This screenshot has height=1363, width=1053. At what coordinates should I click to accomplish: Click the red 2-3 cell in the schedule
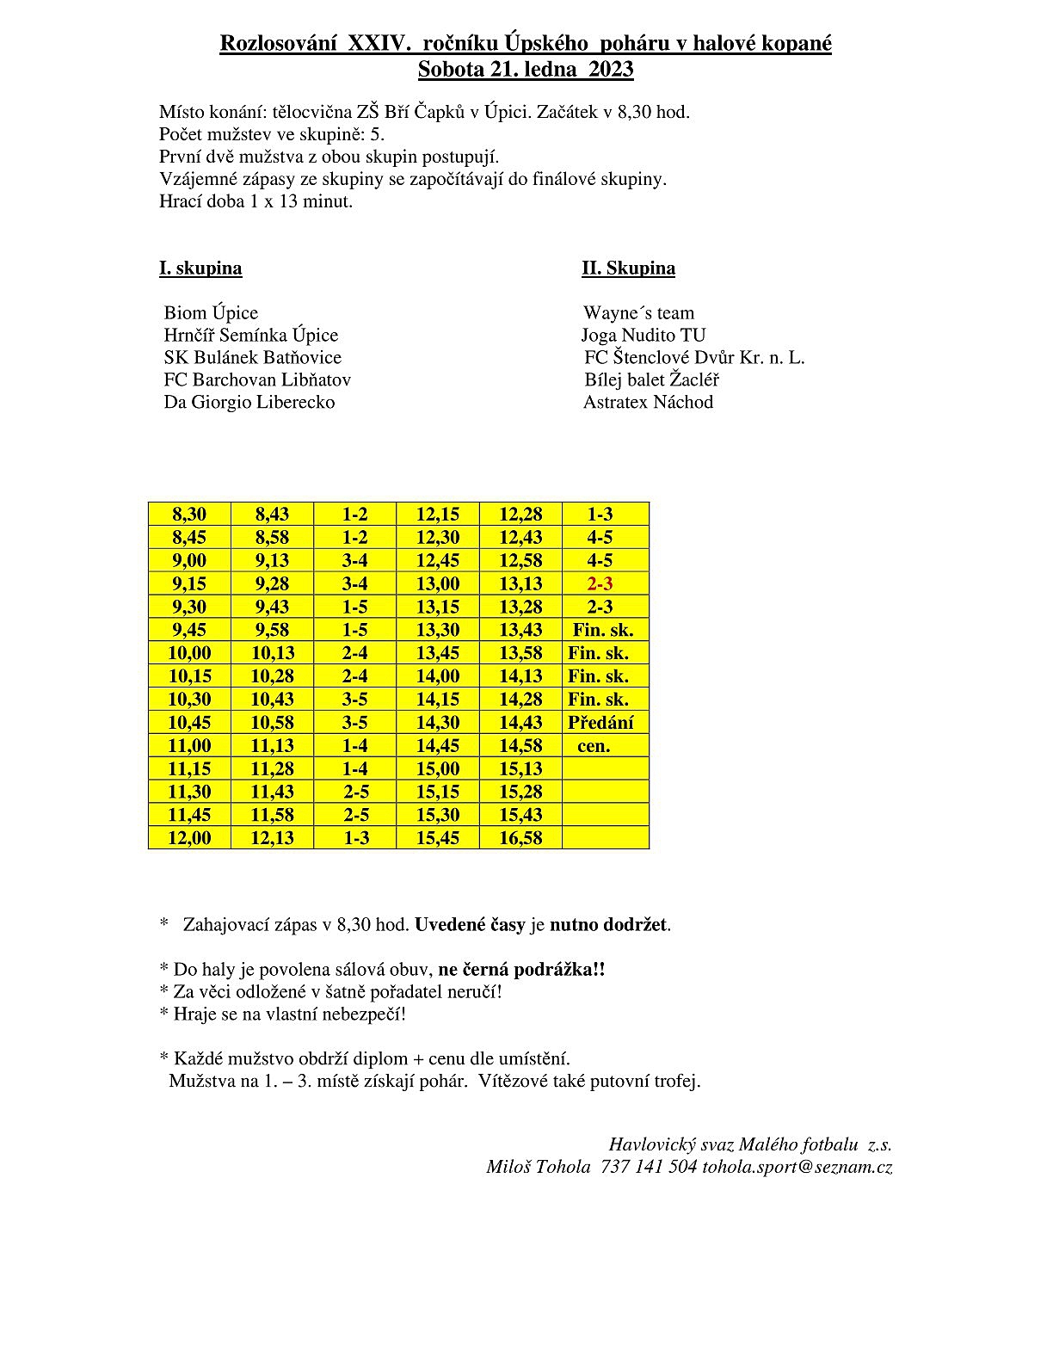(x=600, y=583)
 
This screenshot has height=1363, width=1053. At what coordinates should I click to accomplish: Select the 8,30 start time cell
(x=189, y=514)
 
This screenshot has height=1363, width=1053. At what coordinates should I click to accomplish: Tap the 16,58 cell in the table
(x=520, y=838)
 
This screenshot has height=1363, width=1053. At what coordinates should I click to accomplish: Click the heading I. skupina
(x=200, y=268)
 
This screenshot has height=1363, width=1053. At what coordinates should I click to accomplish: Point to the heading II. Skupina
(x=628, y=268)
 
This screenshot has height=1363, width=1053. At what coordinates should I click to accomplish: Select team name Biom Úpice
(x=211, y=312)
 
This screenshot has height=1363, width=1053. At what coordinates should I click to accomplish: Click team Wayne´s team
(x=638, y=312)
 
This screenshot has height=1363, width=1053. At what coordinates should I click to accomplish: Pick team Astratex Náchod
(x=648, y=402)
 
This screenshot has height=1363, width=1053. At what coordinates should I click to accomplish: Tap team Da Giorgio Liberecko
(x=249, y=402)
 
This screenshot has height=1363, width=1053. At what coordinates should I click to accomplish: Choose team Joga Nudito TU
(x=643, y=335)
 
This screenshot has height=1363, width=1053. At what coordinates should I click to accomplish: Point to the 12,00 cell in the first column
(x=189, y=838)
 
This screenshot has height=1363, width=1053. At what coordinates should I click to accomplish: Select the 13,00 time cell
(x=438, y=583)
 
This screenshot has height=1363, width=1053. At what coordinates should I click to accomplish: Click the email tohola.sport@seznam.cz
(x=797, y=1167)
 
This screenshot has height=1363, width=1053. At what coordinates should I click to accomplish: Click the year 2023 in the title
(x=611, y=69)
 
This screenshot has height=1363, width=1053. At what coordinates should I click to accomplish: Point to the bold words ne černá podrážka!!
(x=521, y=969)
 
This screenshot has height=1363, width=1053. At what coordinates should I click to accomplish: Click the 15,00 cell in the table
(x=438, y=768)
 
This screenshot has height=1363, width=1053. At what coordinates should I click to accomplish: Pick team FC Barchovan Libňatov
(x=257, y=379)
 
